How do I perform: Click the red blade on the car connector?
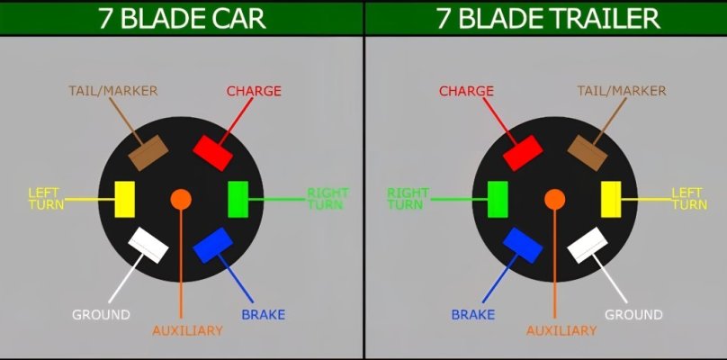[x=213, y=153]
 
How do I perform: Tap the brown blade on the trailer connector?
[x=588, y=153]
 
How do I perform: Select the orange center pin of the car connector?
[x=181, y=199]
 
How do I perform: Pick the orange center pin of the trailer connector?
[x=554, y=199]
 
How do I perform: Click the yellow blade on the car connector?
[x=125, y=200]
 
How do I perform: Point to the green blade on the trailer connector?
[x=498, y=200]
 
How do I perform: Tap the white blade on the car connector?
[x=148, y=246]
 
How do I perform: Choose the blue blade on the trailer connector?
[x=523, y=246]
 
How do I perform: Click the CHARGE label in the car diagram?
[x=254, y=91]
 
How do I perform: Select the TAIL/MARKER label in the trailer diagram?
[x=622, y=91]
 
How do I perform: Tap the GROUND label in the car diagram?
[x=101, y=314]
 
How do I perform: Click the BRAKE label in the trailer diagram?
[x=473, y=314]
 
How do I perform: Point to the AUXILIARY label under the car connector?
[x=187, y=331]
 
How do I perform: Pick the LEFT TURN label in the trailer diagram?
[x=689, y=199]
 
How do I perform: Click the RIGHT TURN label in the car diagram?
[x=328, y=199]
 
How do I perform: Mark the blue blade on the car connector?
[x=213, y=246]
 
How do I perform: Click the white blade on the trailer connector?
[x=588, y=246]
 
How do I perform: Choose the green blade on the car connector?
[x=238, y=200]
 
